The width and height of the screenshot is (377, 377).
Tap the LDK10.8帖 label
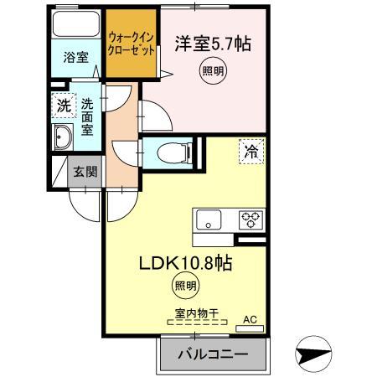tap(186, 262)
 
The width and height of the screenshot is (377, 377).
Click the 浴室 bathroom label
tap(76, 57)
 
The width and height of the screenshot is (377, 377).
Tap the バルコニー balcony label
tap(213, 354)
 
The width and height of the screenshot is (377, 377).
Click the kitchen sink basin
tap(208, 221)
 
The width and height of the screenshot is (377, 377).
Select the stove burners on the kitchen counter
tap(250, 221)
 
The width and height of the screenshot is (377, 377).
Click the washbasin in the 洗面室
tap(62, 141)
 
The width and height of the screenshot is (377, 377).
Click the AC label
tap(249, 319)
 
